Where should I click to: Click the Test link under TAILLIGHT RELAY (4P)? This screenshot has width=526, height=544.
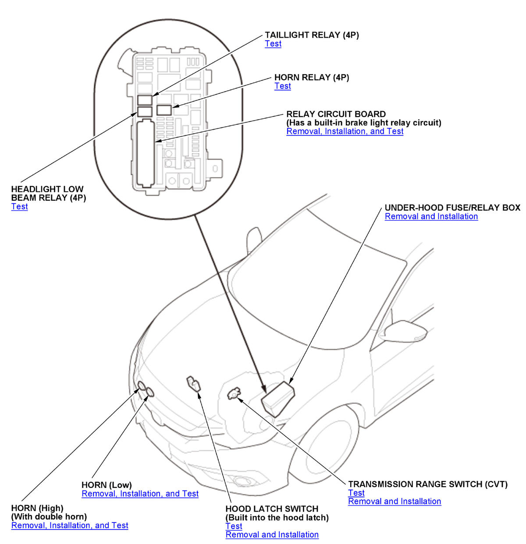pos(273,44)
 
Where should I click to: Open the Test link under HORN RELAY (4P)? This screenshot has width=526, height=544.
pos(283,86)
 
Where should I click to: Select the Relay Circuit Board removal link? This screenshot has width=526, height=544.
pos(345,131)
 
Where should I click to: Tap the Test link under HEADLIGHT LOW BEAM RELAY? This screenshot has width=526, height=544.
pos(19,207)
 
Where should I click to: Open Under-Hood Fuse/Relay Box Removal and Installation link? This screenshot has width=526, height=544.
pos(431,216)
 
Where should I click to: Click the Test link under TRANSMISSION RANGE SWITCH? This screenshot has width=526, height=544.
pos(356,493)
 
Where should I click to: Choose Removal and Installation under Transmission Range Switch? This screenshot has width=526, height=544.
pos(394,502)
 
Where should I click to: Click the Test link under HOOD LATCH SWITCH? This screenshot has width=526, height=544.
pos(234,526)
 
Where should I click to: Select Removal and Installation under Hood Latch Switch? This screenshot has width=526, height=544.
pos(272,535)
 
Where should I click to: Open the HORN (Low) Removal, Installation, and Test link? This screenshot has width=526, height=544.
pos(140,494)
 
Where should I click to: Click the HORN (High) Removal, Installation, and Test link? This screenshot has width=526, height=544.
pos(70,526)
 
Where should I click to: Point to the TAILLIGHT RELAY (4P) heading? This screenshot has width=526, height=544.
pos(312,35)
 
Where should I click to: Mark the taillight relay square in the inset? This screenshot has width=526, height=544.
pos(145,99)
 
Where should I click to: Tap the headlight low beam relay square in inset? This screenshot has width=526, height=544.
pos(145,111)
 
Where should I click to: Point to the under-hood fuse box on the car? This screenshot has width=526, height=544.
pos(278,398)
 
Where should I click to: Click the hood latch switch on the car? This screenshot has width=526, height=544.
pos(193,383)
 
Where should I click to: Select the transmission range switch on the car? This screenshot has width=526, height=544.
pos(234,393)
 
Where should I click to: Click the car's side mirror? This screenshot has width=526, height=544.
pos(408,330)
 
